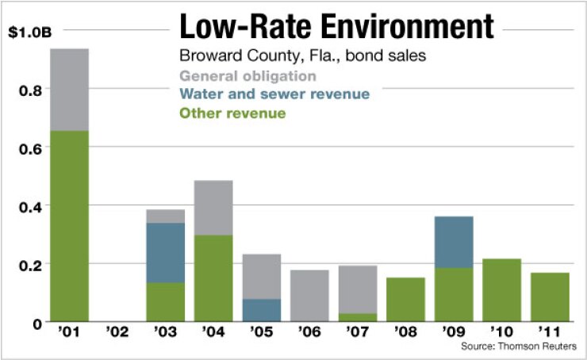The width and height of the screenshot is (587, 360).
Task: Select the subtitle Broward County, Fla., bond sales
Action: point(291,57)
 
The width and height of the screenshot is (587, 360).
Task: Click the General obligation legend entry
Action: point(248,76)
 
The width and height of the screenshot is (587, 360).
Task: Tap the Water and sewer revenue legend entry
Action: point(274,94)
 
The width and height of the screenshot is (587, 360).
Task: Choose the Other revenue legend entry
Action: point(232,113)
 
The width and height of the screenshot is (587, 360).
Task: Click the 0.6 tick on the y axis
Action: point(27,148)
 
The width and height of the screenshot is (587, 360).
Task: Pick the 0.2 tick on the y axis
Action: point(27,264)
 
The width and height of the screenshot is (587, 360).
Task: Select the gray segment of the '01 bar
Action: point(69,90)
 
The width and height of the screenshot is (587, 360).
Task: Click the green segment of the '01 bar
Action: point(69,226)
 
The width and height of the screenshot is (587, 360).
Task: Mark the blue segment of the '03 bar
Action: point(165,253)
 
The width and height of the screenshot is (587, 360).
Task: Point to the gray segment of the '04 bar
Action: point(213,208)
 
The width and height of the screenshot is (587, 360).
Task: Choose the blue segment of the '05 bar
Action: point(262,310)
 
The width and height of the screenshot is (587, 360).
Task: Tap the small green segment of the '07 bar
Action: point(358,317)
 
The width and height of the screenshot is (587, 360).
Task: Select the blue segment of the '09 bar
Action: point(454,242)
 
